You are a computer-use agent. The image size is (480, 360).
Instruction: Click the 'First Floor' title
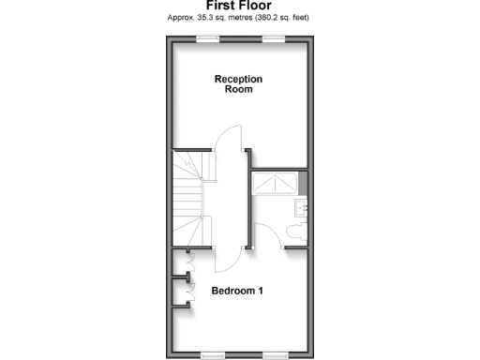point(239,6)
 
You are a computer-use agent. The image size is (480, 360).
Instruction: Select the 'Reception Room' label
point(238,84)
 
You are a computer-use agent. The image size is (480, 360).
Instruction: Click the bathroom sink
point(302,208)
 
